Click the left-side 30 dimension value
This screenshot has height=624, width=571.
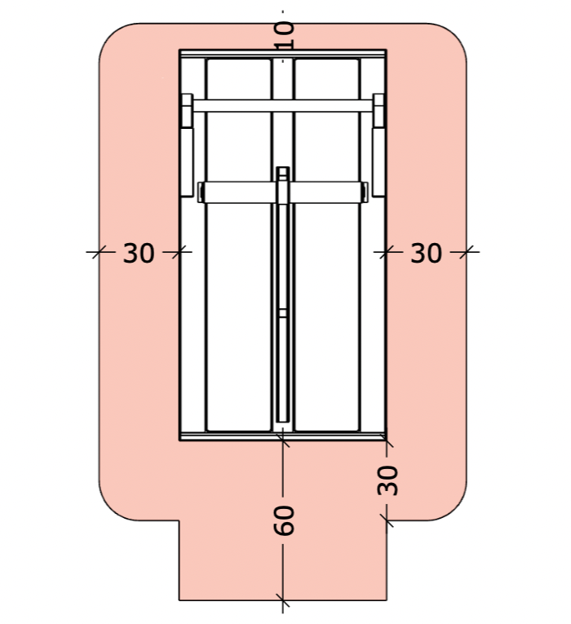[x=139, y=253]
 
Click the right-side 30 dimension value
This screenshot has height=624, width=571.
[x=426, y=253]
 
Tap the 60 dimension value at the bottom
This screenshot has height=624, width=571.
[x=284, y=520]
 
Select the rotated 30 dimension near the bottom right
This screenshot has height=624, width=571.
[x=387, y=480]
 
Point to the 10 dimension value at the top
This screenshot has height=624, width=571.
[x=285, y=35]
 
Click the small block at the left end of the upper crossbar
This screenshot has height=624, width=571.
[x=187, y=111]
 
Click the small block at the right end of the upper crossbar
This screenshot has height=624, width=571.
[x=378, y=111]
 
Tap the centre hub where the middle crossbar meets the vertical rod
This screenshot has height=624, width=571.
[x=282, y=191]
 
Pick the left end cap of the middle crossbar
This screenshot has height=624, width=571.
[x=201, y=193]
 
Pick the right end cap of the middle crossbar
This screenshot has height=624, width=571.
[x=364, y=193]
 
